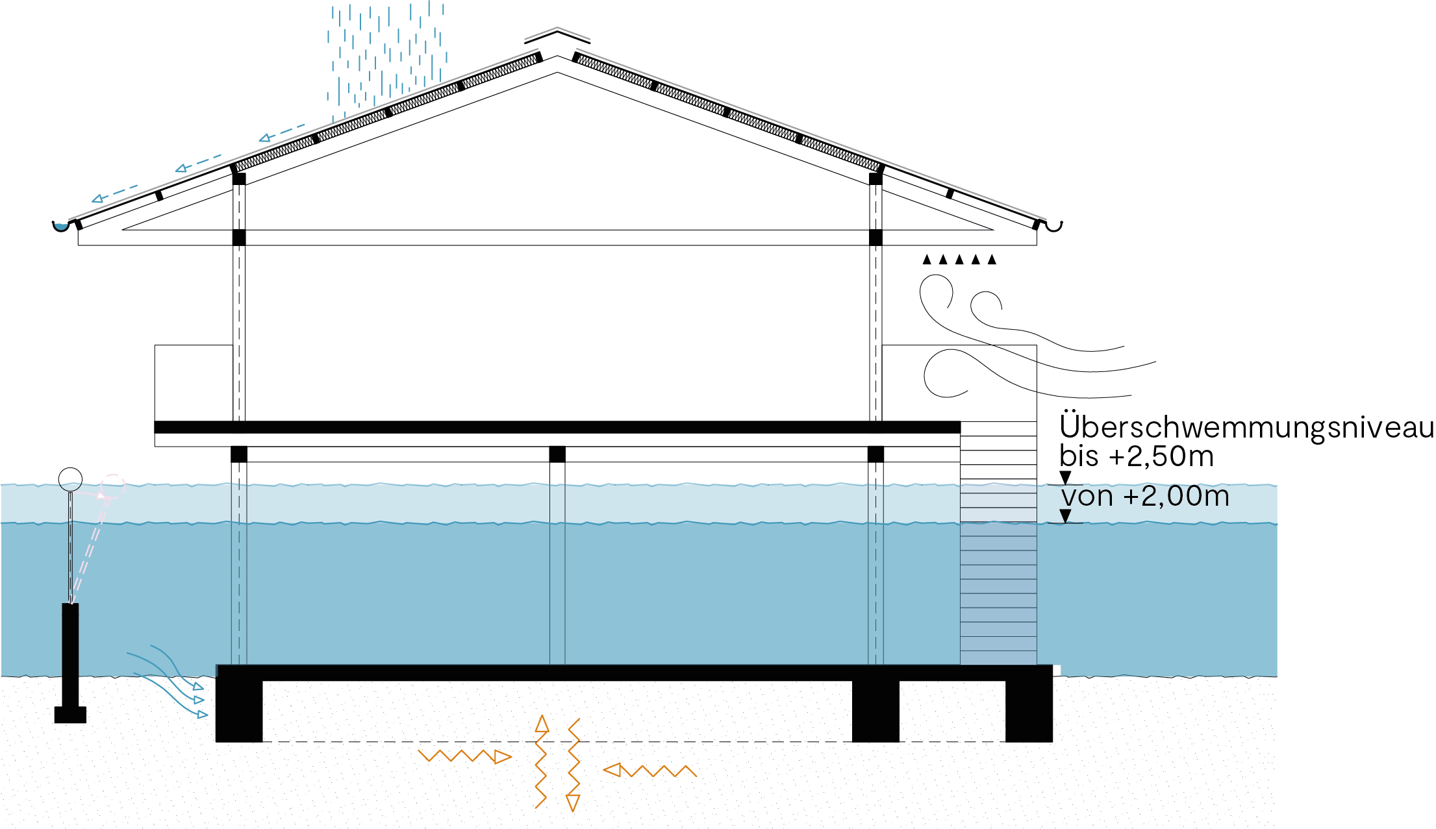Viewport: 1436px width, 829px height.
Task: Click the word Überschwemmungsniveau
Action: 1246,427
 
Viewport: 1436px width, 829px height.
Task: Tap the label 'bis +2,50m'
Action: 1136,456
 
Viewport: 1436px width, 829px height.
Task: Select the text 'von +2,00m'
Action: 1145,497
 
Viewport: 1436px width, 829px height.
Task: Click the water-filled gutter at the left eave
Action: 60,227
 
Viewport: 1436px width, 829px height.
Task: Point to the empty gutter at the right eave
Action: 1053,227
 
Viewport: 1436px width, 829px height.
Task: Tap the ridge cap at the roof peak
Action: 557,34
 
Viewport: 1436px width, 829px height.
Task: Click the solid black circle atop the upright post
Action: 70,480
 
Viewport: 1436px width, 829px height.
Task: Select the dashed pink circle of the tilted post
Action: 113,486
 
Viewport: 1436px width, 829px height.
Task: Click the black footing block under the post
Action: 70,715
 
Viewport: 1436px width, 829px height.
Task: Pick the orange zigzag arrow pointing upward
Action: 541,760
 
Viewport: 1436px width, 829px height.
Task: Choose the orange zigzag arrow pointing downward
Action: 573,766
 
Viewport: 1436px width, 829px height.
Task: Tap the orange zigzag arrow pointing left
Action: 649,771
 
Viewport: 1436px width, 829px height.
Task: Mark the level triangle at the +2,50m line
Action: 1065,478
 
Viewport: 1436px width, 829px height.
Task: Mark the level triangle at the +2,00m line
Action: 1065,516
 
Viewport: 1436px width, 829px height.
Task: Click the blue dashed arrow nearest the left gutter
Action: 115,193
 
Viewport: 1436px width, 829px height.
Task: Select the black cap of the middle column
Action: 557,454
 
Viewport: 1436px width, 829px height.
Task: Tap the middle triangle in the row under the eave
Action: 959,260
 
